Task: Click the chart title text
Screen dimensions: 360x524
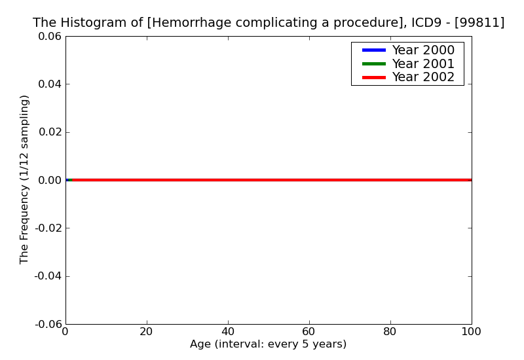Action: [269, 23]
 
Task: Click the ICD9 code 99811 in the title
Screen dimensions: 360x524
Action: [481, 23]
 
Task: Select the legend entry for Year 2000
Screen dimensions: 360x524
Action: [422, 50]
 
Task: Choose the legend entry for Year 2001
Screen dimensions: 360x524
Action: [422, 63]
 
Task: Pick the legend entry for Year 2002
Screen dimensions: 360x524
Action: [422, 77]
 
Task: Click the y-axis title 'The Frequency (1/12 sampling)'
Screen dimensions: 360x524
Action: [24, 179]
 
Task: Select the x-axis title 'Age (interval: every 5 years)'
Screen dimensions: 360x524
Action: [268, 344]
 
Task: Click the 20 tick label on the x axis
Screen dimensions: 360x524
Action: [147, 332]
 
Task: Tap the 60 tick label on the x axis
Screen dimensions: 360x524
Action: [309, 332]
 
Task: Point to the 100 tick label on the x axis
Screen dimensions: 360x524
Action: [471, 332]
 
